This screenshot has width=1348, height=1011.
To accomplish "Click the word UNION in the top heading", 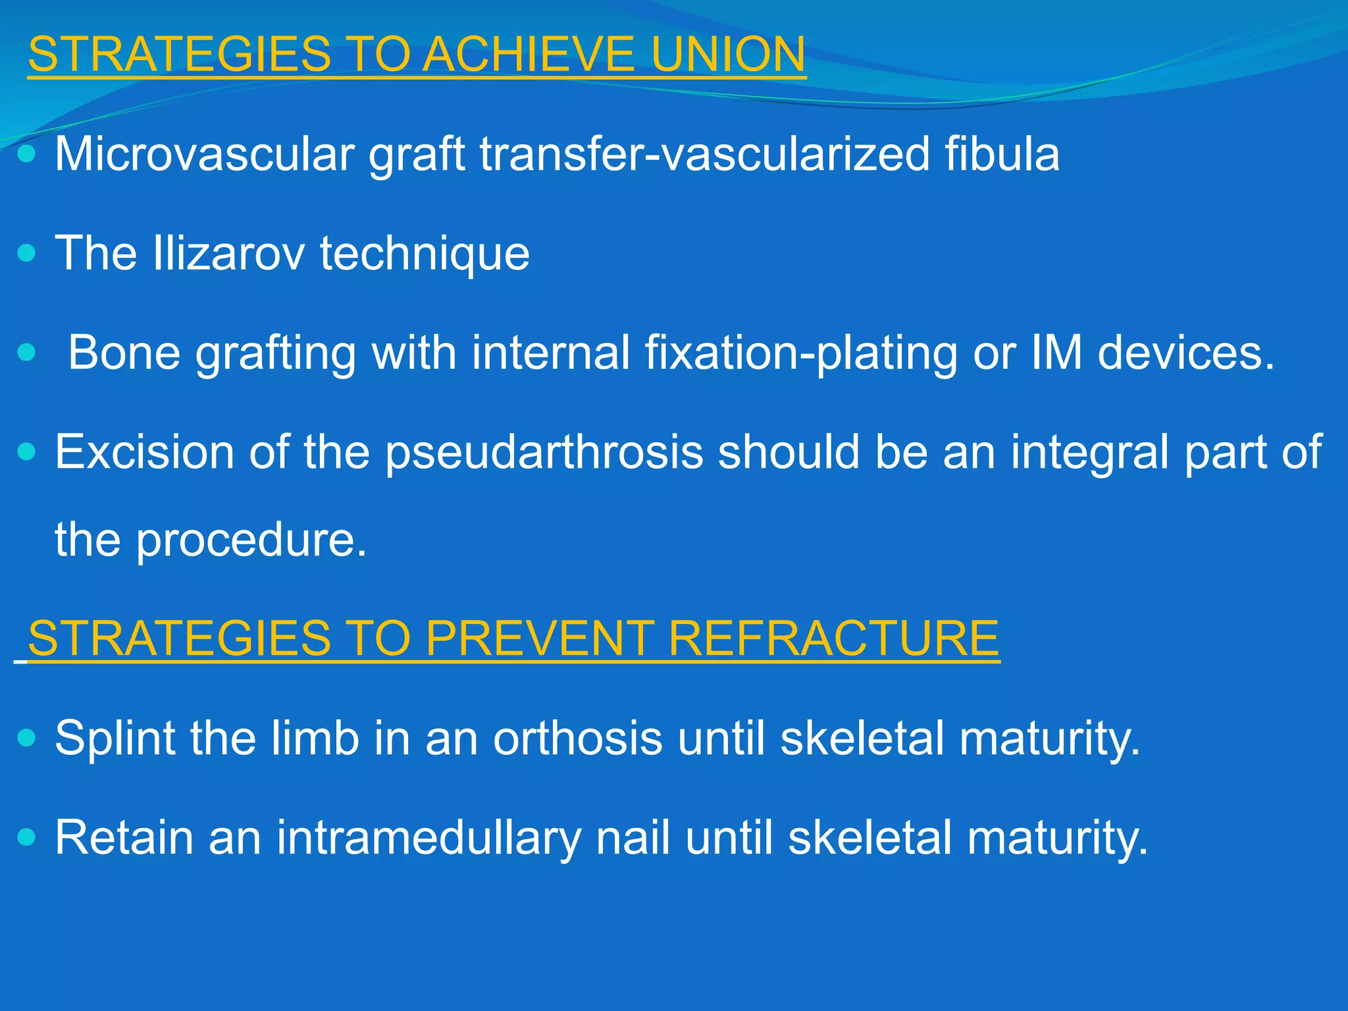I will (728, 54).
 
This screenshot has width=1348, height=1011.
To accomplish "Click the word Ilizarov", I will (228, 253).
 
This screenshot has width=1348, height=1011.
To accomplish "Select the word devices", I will (1186, 353).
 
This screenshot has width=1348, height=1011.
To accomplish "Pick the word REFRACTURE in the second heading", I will (834, 638).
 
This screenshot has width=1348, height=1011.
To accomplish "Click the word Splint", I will (115, 739).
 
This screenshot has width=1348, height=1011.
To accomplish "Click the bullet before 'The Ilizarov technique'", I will (26, 253).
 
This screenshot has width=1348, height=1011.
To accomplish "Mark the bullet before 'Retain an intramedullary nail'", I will (26, 837).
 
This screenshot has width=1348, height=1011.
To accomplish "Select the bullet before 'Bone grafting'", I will (26, 353).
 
